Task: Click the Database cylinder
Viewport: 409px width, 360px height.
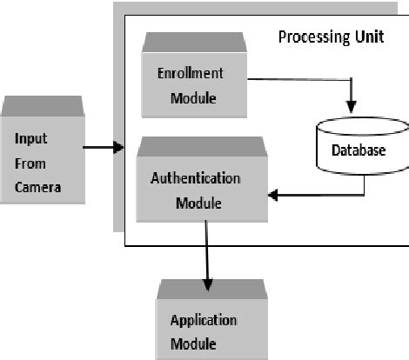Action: click(x=357, y=149)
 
